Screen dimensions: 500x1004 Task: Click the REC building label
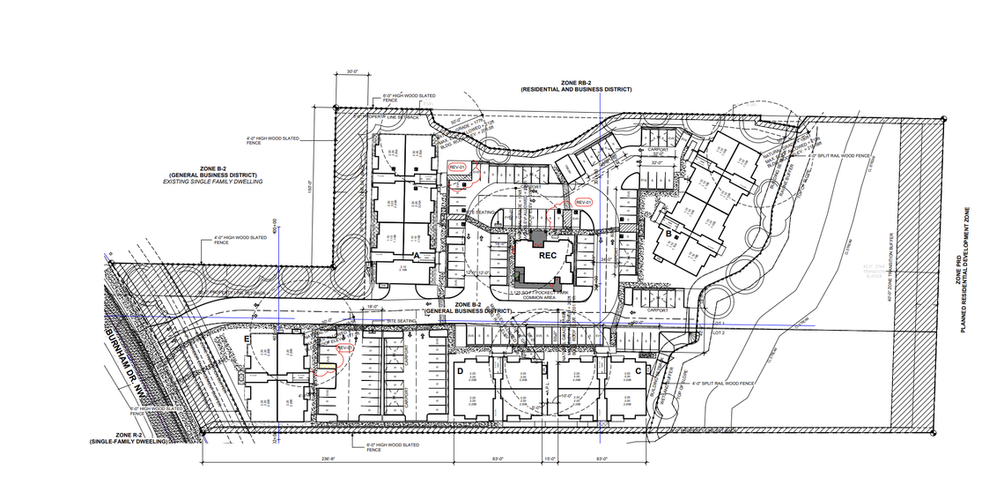[x=548, y=256]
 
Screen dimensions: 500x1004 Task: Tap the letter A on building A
[x=416, y=254]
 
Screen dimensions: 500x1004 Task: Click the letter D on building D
[x=461, y=370]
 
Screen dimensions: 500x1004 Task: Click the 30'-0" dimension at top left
[x=353, y=71]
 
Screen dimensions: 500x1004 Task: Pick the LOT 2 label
[x=717, y=333]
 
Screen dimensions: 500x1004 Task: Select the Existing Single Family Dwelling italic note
[x=213, y=181]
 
